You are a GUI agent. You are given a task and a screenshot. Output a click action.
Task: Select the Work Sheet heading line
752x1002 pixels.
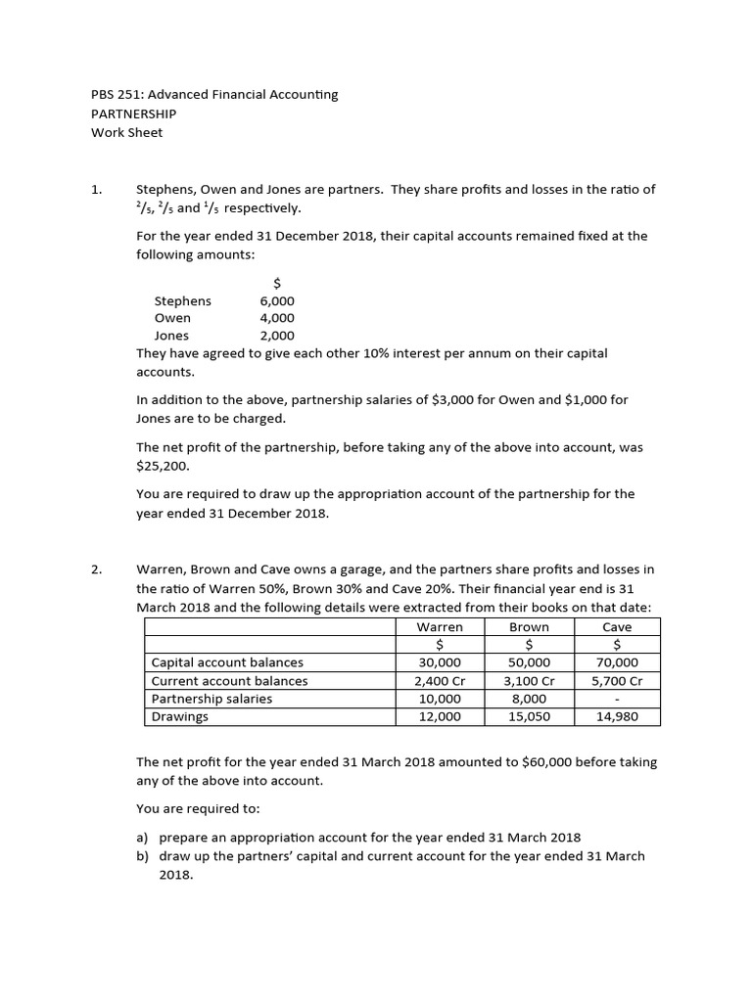click(x=126, y=132)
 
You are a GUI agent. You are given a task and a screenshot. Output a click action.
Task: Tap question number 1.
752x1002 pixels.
click(x=96, y=190)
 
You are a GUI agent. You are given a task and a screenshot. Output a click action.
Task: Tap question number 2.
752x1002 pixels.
click(x=96, y=569)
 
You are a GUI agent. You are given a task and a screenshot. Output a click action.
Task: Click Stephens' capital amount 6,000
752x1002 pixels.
click(x=276, y=301)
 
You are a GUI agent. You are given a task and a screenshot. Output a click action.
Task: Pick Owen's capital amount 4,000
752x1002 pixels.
click(x=276, y=318)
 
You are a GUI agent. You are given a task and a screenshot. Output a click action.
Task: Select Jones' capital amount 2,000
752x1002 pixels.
click(x=276, y=336)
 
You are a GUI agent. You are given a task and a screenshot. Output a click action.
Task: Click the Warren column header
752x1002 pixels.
click(x=440, y=627)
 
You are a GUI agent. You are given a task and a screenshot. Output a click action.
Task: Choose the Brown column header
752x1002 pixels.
click(x=529, y=627)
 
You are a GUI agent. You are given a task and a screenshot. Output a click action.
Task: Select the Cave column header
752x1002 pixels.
click(x=617, y=627)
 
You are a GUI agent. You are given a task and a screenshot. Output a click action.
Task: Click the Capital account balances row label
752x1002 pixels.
click(x=227, y=663)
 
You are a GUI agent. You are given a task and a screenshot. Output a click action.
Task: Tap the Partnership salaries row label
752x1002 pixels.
click(x=211, y=699)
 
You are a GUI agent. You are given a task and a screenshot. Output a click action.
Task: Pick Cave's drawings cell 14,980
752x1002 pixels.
click(x=617, y=716)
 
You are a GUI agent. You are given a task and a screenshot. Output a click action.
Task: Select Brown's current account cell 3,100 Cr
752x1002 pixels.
click(x=529, y=681)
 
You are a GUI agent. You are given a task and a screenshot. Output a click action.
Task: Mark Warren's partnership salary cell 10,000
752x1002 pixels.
click(x=440, y=699)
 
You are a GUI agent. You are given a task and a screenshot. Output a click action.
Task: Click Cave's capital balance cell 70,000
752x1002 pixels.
click(x=617, y=663)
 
